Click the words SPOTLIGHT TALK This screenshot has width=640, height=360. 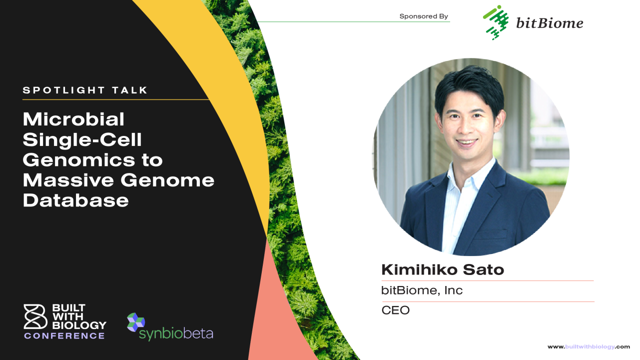pos(85,90)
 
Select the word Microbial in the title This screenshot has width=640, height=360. pos(74,119)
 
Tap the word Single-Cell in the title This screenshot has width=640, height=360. pos(82,139)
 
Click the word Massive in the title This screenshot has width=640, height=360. pos(68,180)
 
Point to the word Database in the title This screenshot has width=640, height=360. pos(76,200)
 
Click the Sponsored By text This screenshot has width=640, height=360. pos(424,16)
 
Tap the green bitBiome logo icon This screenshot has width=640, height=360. pos(496,22)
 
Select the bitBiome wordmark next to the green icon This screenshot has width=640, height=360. pos(550,23)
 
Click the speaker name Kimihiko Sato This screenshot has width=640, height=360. pos(443,269)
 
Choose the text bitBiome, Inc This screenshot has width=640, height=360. pos(422,290)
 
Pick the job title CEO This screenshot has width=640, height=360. pos(395,310)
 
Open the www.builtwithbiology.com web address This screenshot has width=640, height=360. pos(589,347)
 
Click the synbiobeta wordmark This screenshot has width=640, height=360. pos(176,333)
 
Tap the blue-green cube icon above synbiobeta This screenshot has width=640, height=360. pos(136,322)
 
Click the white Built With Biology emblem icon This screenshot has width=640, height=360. pos(35,316)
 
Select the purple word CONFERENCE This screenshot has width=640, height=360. pos(64,335)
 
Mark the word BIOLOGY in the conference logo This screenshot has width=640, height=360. pos(79,325)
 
